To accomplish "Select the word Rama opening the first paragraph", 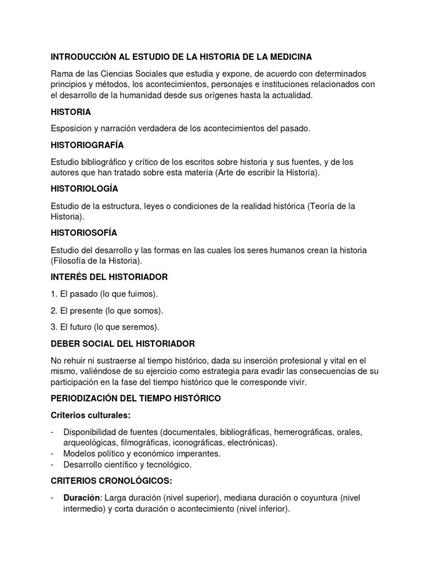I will pos(61,74).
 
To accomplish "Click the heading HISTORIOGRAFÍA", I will pos(87,145).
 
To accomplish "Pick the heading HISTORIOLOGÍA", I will pos(84,189).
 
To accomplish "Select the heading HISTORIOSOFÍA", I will pos(84,232).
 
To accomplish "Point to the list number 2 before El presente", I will pos(53,310).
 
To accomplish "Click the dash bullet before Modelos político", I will pos(52,453).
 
